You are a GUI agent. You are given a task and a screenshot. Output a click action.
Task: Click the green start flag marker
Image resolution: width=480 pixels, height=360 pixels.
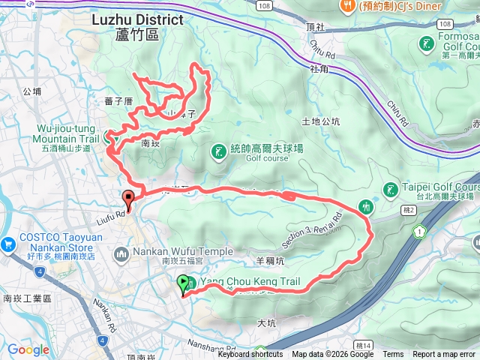tap(184, 283)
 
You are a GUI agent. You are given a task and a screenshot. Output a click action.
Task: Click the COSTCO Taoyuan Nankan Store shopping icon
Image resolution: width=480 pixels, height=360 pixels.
tap(9, 244)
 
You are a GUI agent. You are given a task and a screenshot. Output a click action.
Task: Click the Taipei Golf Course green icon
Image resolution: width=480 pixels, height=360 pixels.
tap(390, 190)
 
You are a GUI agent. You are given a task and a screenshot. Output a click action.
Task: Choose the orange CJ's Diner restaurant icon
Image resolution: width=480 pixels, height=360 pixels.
tap(346, 7)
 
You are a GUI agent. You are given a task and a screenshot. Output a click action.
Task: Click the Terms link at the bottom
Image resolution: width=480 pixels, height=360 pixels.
tap(393, 355)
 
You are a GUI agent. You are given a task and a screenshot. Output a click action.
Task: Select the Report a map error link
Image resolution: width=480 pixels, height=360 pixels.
tap(444, 355)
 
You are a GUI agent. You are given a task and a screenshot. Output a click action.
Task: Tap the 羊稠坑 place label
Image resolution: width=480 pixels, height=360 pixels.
tap(271, 261)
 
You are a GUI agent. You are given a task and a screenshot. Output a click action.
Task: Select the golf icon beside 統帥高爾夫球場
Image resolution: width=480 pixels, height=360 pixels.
tap(218, 153)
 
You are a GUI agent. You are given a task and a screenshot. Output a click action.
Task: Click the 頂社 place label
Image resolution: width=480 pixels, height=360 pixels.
tap(316, 26)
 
